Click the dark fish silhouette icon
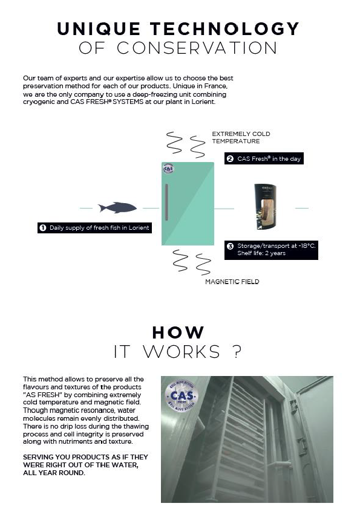tap(117, 207)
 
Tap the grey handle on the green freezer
tap(166, 202)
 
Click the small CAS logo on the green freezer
tap(168, 168)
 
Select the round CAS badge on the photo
tap(181, 396)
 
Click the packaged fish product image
tap(266, 207)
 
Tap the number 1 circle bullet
tap(42, 228)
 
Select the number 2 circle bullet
tap(230, 159)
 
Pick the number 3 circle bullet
tap(230, 246)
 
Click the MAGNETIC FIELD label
tap(232, 282)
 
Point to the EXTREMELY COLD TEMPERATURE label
tap(241, 138)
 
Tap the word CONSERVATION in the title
tap(197, 48)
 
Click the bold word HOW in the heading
tap(178, 332)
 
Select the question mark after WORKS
tap(238, 352)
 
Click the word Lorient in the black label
tap(139, 228)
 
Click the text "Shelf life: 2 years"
tap(261, 253)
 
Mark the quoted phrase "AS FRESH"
tap(42, 395)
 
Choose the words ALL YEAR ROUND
tap(54, 473)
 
